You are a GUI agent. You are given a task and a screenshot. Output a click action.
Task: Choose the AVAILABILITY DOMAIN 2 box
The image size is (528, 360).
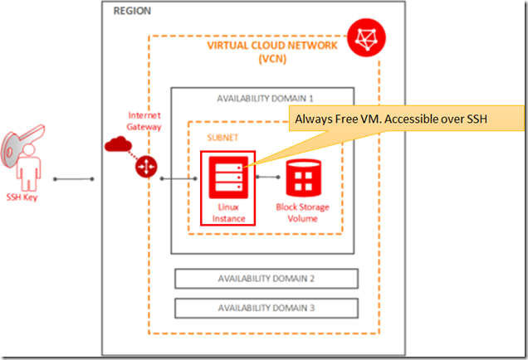click(266, 277)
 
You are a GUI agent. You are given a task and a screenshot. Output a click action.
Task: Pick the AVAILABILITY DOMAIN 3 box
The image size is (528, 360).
click(266, 307)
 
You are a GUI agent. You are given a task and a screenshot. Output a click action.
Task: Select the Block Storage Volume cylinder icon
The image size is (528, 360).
click(303, 177)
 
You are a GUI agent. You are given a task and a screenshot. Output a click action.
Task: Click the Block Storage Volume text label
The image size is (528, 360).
click(303, 210)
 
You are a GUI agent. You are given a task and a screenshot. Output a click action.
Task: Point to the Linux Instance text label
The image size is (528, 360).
click(227, 210)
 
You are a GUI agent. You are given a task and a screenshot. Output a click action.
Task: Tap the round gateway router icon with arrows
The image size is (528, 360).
click(147, 167)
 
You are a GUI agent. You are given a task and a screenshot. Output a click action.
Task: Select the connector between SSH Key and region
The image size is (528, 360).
click(72, 178)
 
